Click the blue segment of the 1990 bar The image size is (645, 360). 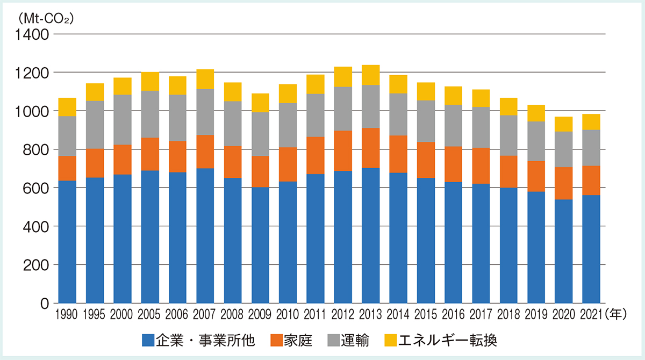click(67, 242)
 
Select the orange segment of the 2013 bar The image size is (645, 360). click(370, 148)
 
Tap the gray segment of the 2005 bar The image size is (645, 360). click(150, 114)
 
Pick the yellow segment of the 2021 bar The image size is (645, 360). click(591, 122)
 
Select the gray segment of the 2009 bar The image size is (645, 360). click(260, 134)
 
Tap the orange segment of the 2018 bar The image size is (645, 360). click(508, 171)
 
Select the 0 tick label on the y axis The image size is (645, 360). click(45, 304)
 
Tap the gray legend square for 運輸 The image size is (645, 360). click(333, 340)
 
